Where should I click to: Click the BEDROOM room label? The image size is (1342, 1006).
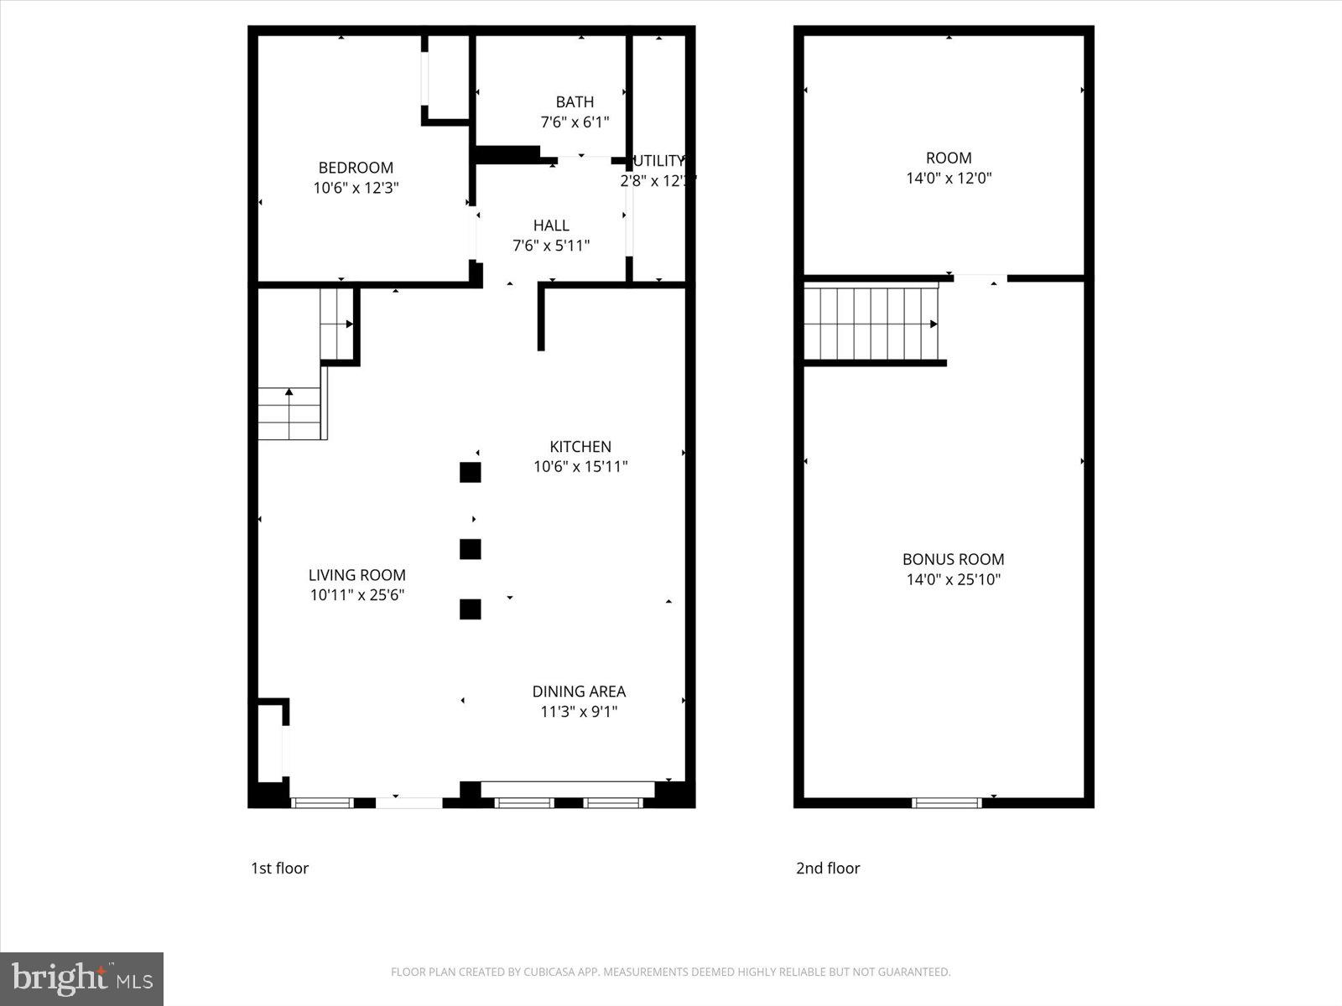[x=356, y=168]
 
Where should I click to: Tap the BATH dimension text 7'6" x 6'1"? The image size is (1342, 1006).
[x=575, y=122]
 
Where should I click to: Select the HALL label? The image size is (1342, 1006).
[x=551, y=226]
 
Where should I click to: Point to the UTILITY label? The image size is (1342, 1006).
[x=659, y=161]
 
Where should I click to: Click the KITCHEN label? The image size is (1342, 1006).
[x=580, y=447]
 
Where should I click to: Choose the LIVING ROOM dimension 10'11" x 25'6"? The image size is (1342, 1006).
[x=357, y=595]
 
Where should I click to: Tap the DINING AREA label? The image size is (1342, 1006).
[x=579, y=692]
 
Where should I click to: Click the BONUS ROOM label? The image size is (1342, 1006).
[x=953, y=559]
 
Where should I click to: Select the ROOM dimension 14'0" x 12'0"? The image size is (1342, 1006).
[x=949, y=178]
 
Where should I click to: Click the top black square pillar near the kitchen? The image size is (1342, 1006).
[x=471, y=473]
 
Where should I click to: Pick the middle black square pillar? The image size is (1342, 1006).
[x=471, y=549]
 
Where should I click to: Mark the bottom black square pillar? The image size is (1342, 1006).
[x=471, y=609]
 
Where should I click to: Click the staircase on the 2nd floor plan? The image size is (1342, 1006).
[x=871, y=324]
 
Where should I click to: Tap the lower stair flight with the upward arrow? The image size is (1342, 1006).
[x=289, y=413]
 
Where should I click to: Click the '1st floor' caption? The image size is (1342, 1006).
[x=280, y=869]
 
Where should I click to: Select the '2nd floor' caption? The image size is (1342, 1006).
[x=828, y=869]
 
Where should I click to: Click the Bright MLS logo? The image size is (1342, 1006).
[x=81, y=978]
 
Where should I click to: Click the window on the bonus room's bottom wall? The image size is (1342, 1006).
[x=946, y=803]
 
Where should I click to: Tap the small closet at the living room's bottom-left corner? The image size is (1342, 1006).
[x=269, y=743]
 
